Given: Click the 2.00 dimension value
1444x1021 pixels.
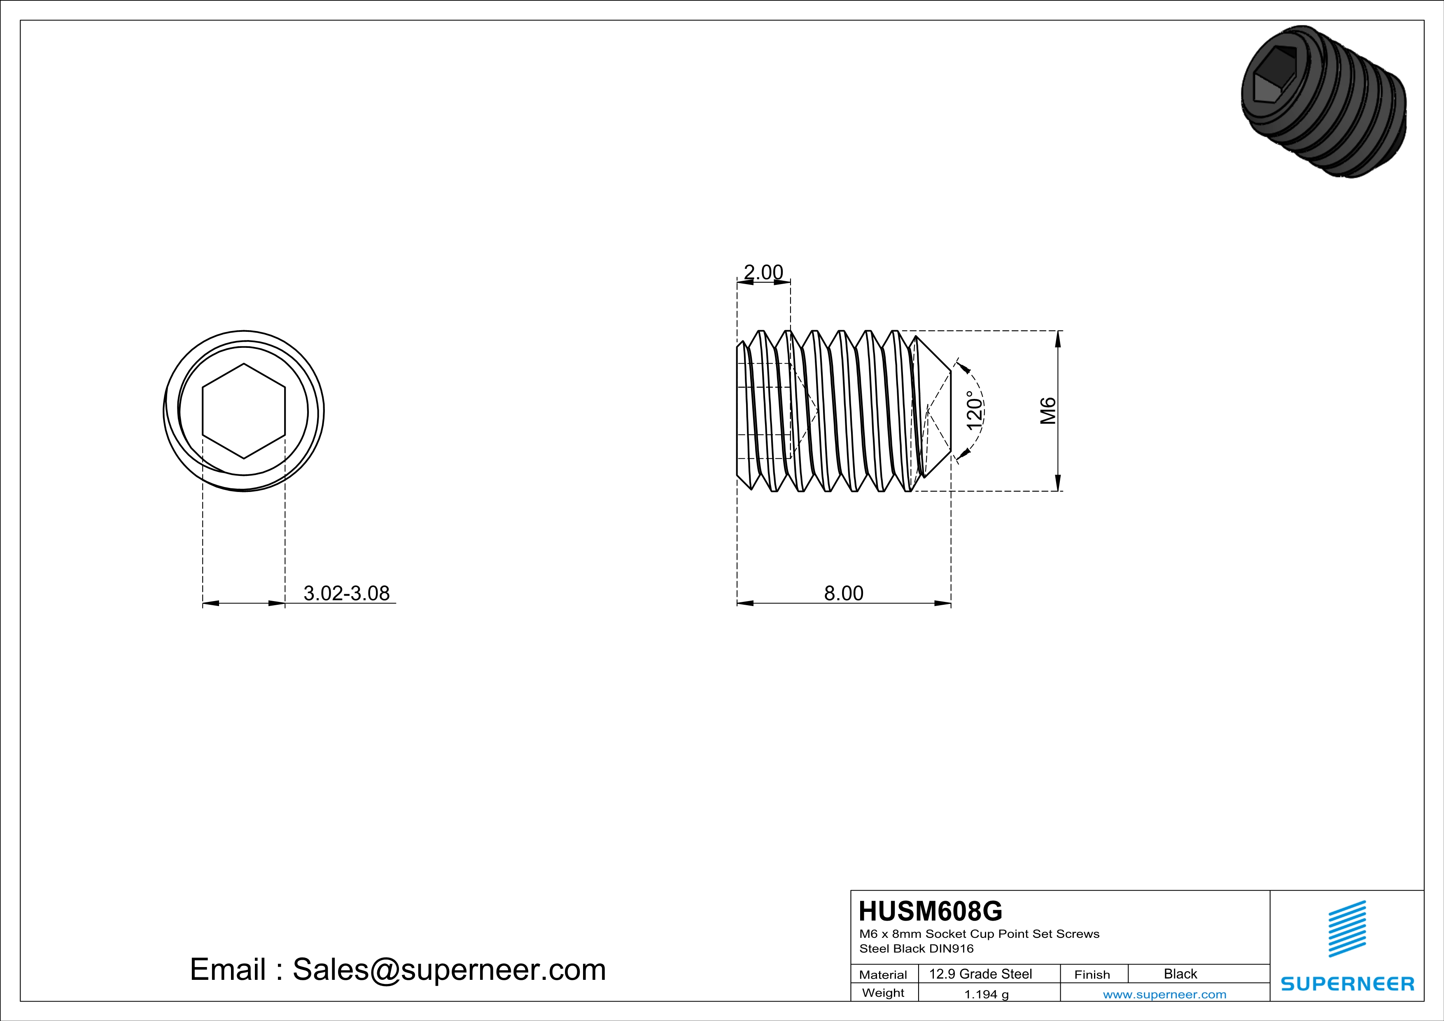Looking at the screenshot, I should (763, 272).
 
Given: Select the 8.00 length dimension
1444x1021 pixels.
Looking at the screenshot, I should (843, 593).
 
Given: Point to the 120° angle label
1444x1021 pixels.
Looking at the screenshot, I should (974, 410).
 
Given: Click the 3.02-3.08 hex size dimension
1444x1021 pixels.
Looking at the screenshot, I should (347, 593).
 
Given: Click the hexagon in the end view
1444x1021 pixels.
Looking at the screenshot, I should (244, 410).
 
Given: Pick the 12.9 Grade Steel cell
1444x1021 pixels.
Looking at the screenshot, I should (980, 974).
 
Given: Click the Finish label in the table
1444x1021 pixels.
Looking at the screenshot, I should (1092, 974).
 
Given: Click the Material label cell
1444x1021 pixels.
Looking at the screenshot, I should (883, 974).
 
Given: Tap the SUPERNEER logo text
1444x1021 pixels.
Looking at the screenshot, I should (1347, 984).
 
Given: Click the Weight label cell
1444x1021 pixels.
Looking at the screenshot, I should (883, 993).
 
